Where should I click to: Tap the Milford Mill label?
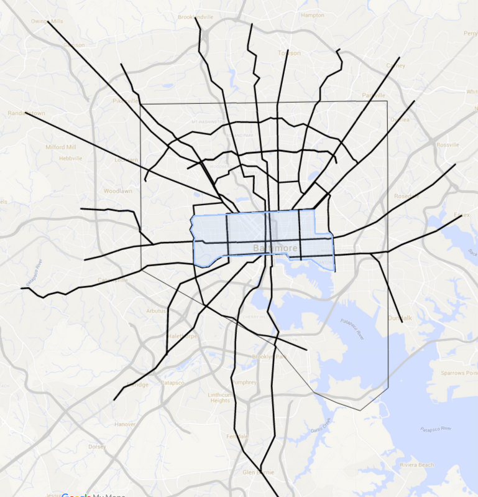pyautogui.click(x=60, y=147)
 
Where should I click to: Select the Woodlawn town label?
pyautogui.click(x=118, y=191)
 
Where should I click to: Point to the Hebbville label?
pyautogui.click(x=70, y=158)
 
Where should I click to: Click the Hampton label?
pyautogui.click(x=312, y=15)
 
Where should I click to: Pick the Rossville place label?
pyautogui.click(x=448, y=144)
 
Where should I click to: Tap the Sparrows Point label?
pyautogui.click(x=457, y=373)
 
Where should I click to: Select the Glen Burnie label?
pyautogui.click(x=257, y=472)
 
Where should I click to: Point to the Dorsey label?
pyautogui.click(x=97, y=447)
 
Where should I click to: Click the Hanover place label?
pyautogui.click(x=125, y=424)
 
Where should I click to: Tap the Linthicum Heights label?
pyautogui.click(x=220, y=397)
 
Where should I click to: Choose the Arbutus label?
pyautogui.click(x=155, y=311)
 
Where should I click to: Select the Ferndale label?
pyautogui.click(x=237, y=437)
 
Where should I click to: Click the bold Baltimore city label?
pyautogui.click(x=275, y=249)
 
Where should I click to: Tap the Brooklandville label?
pyautogui.click(x=196, y=17)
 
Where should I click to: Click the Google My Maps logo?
pyautogui.click(x=93, y=495)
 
